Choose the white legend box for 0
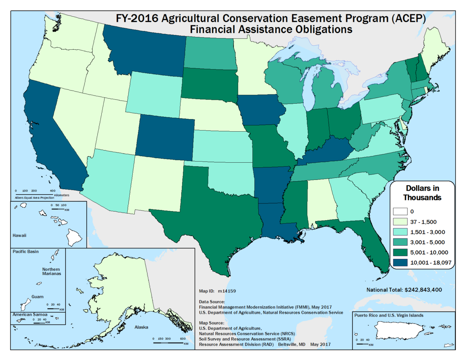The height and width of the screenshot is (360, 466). click(401, 212)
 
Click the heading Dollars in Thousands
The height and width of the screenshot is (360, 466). click(423, 193)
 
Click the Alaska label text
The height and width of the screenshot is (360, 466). click(141, 327)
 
